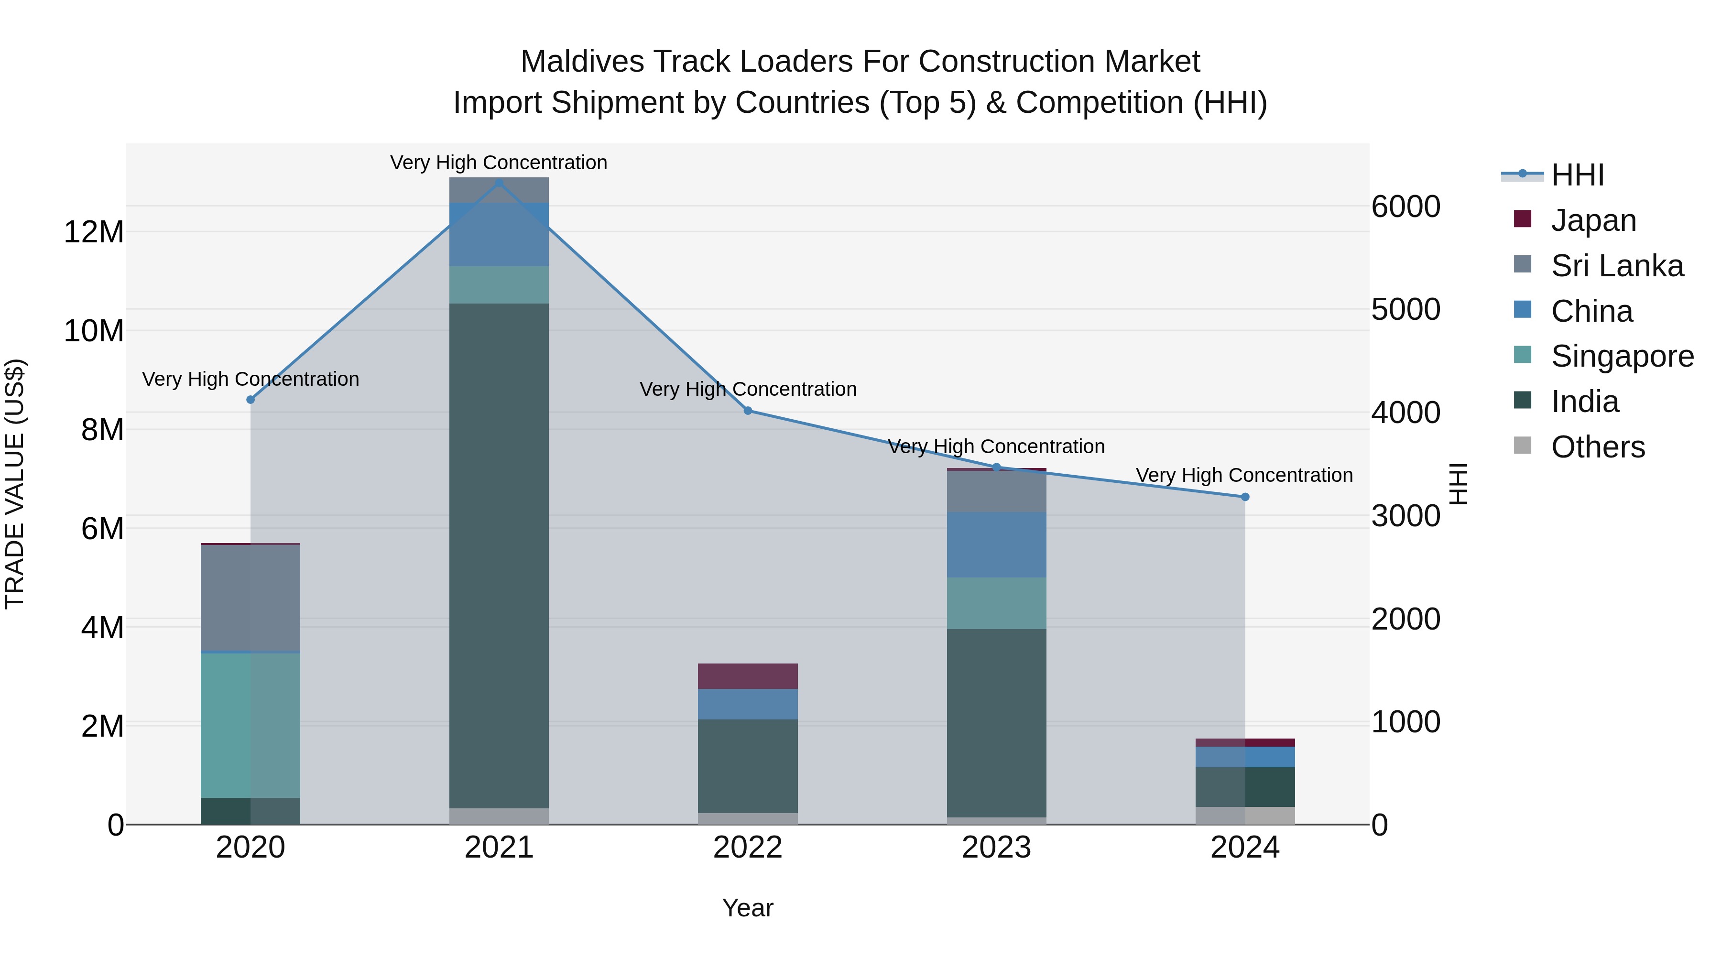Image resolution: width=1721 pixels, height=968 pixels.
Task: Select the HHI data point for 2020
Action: click(251, 400)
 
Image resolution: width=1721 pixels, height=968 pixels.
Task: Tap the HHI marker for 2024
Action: click(1245, 497)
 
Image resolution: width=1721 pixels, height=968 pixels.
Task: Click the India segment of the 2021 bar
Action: click(499, 555)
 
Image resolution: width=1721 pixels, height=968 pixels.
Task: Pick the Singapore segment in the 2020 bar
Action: click(251, 725)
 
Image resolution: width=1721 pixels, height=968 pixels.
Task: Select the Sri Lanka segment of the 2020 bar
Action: click(251, 598)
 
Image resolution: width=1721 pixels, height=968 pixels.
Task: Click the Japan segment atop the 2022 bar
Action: click(748, 676)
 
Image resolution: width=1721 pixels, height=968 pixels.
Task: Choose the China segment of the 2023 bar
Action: click(996, 544)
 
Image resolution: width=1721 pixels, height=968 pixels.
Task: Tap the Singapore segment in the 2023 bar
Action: click(996, 603)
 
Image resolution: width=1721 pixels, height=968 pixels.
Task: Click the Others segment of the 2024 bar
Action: click(1245, 815)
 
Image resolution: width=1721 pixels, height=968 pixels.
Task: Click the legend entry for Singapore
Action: click(1622, 356)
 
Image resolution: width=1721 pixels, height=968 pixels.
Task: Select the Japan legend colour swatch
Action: click(1523, 219)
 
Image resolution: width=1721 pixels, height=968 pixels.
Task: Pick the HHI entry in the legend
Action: click(1577, 175)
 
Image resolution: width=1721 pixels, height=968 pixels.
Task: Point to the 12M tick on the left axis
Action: click(94, 232)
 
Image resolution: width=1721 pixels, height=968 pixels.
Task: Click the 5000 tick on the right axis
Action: click(1405, 309)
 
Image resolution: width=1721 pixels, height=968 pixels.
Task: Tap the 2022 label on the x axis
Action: click(748, 848)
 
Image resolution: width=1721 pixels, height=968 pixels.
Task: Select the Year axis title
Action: click(748, 908)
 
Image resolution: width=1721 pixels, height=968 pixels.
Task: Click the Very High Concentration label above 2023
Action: click(996, 446)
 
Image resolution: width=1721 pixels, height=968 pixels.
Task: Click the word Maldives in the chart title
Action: click(582, 62)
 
